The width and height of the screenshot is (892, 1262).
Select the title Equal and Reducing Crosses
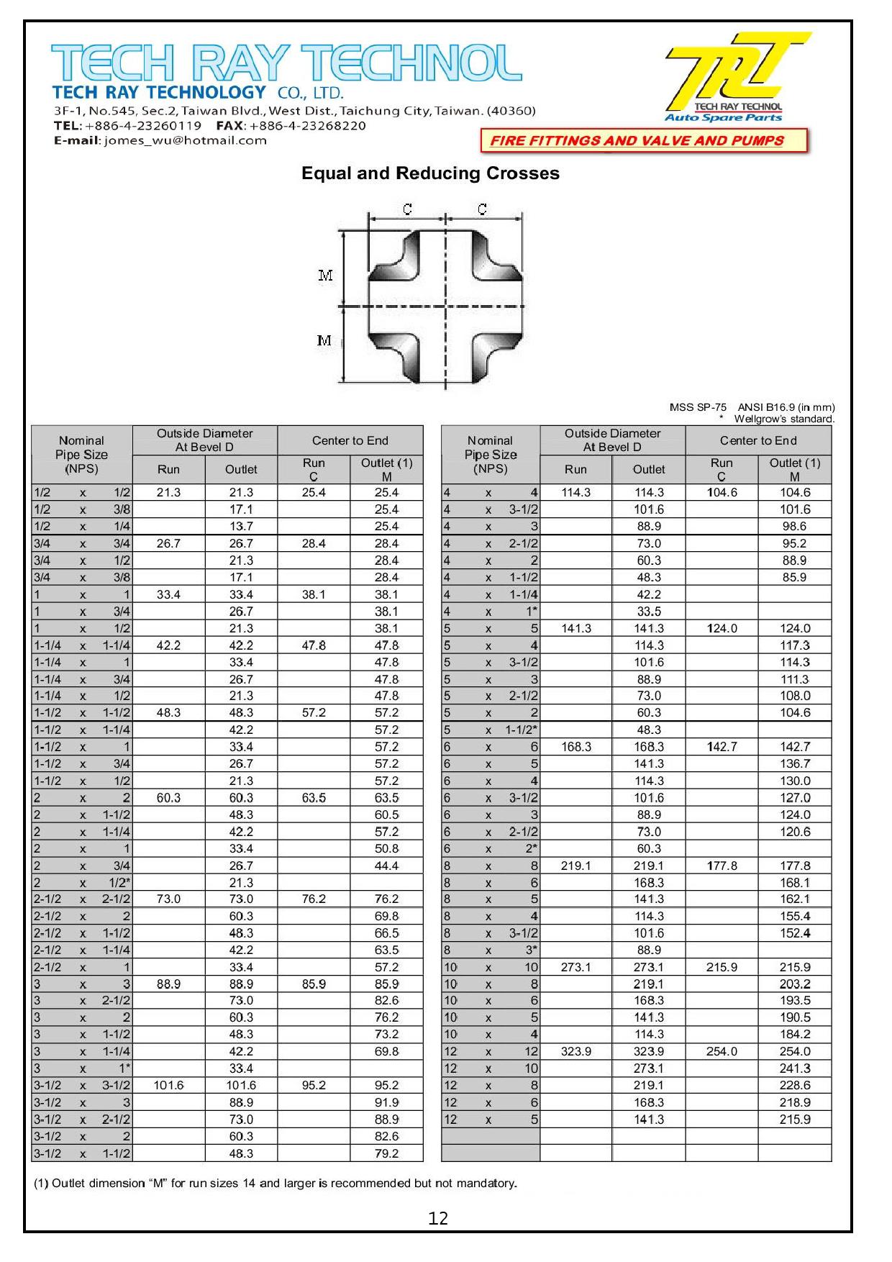[430, 173]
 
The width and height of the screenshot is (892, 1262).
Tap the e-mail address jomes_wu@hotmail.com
[186, 140]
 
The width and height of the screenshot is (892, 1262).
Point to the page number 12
[438, 1218]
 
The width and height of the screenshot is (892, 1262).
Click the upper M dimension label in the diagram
[325, 276]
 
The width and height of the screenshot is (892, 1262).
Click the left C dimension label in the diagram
[407, 209]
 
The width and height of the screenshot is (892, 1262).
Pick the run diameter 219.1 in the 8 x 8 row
[575, 866]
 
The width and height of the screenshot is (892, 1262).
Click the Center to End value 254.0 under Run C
[722, 1051]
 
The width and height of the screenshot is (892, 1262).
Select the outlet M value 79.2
[386, 1153]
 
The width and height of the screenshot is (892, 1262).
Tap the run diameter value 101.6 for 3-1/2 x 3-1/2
[168, 1085]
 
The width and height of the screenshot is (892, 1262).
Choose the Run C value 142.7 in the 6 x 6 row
[722, 747]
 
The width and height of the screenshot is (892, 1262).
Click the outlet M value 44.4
[386, 866]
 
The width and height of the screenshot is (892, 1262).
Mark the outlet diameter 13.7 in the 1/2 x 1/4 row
[241, 526]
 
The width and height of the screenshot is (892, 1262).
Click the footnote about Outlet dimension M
[276, 1184]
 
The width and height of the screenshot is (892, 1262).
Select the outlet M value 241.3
[794, 1068]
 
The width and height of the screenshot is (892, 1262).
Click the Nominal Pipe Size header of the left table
[81, 455]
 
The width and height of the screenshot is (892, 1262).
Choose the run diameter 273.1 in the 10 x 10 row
[575, 967]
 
